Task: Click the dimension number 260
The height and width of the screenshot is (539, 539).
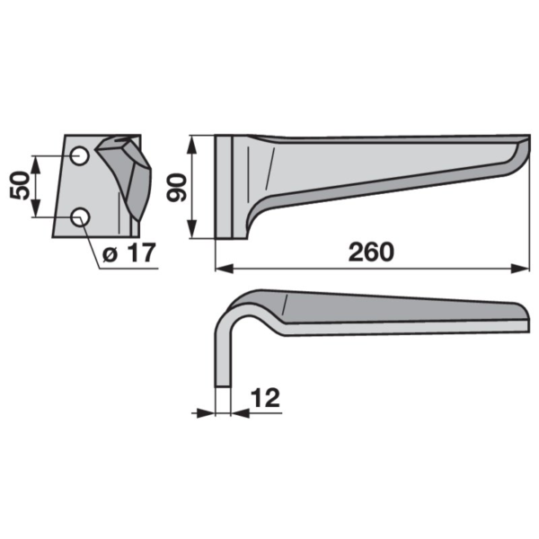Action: tap(371, 252)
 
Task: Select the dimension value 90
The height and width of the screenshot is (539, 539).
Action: tap(176, 188)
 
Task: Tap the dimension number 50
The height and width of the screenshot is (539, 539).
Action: tap(20, 185)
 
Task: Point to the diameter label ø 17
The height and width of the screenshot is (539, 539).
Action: tap(129, 252)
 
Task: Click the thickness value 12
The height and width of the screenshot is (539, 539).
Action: tap(265, 398)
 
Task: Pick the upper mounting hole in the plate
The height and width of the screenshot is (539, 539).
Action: tap(80, 156)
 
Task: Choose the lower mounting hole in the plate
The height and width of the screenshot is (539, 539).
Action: tap(80, 217)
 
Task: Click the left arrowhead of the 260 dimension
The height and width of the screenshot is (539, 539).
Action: tap(224, 269)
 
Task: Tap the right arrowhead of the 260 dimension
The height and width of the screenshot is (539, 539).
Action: tap(519, 269)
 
